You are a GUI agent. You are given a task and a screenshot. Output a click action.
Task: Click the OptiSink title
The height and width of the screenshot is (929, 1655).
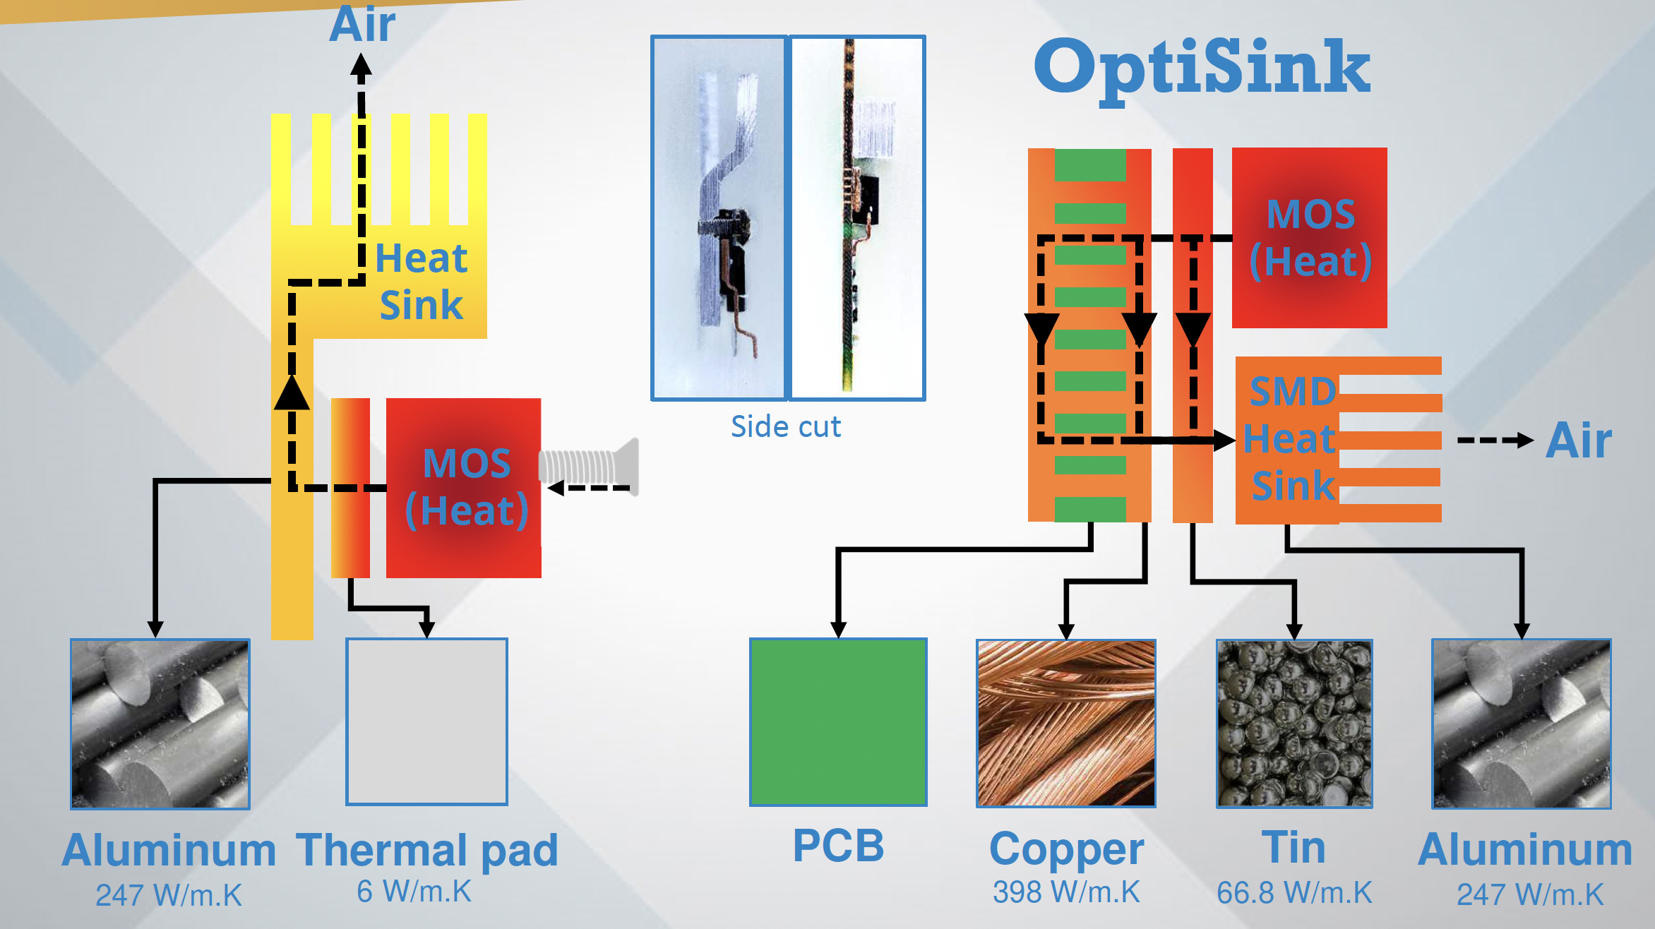[1202, 68]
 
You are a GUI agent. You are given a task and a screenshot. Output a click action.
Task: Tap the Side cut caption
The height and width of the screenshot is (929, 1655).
[785, 426]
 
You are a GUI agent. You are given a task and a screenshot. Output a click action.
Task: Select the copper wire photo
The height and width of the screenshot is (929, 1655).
[1065, 723]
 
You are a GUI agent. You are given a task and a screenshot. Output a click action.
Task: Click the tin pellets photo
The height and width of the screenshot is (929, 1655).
[1294, 723]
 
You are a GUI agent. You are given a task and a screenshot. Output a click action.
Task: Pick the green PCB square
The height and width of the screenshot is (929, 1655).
[838, 721]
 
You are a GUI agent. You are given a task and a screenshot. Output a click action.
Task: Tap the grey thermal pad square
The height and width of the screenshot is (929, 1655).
[426, 721]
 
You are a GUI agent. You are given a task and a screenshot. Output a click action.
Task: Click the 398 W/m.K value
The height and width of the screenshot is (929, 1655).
[1065, 892]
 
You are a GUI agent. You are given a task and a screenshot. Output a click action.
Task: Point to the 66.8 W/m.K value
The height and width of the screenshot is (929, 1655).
[1294, 893]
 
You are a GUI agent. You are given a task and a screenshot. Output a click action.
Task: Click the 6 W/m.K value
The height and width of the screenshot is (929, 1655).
[414, 892]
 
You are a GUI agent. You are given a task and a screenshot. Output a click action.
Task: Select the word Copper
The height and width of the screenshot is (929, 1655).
[1066, 849]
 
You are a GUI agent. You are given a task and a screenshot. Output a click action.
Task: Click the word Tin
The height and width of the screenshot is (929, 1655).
[1293, 847]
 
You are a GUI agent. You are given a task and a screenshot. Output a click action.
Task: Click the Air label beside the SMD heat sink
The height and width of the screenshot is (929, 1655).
[1579, 440]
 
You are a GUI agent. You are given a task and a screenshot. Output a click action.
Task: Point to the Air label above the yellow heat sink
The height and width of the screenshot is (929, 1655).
[362, 24]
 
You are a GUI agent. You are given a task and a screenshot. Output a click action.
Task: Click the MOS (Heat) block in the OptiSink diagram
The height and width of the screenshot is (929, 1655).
[1310, 238]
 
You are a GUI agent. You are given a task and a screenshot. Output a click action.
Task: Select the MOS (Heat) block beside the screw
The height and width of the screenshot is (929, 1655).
[464, 488]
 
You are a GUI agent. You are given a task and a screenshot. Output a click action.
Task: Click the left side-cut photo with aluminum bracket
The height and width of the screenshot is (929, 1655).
[719, 217]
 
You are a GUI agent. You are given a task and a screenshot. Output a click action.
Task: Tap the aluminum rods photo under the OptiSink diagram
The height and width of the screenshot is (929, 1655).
[1522, 724]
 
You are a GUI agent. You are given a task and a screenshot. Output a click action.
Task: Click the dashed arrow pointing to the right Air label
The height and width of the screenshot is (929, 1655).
[1494, 440]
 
